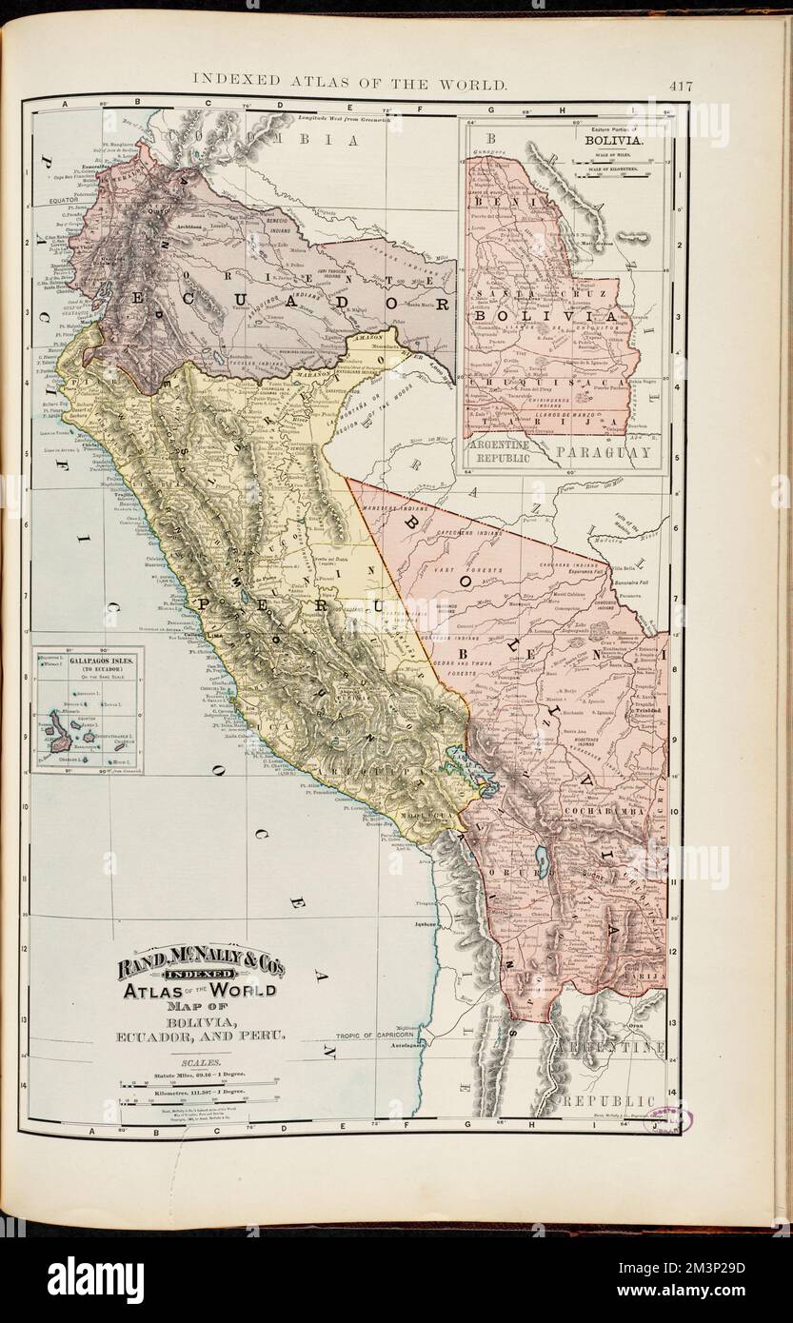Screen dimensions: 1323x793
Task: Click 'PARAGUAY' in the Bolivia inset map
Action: click(604, 452)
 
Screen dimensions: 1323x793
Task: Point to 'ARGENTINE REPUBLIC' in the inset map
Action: click(506, 451)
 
